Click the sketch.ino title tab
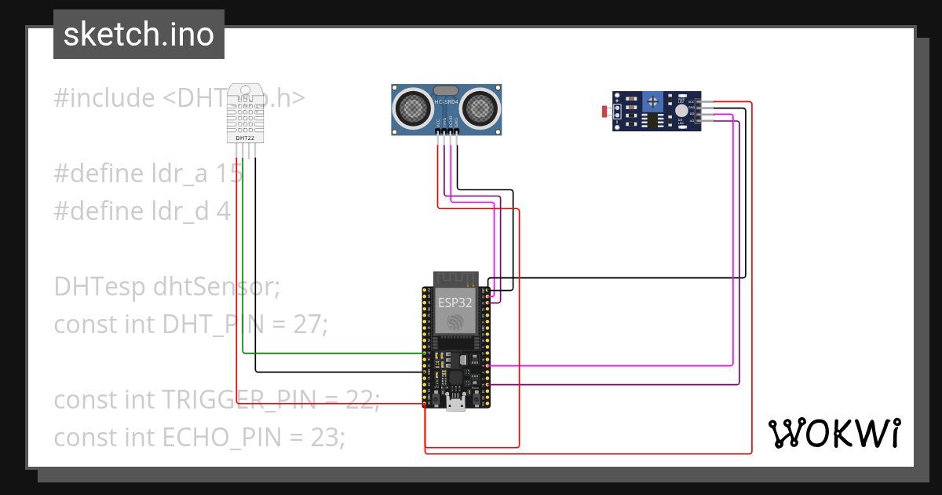[139, 35]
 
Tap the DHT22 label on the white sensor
[244, 137]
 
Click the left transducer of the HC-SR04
[411, 108]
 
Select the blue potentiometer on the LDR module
[652, 101]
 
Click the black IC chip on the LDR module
[651, 120]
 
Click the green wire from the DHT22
[243, 259]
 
